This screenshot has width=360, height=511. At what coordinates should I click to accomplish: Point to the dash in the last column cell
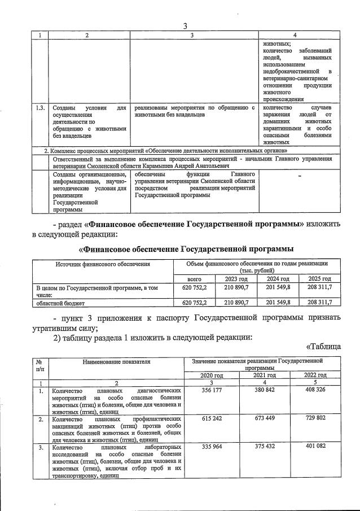click(x=300, y=177)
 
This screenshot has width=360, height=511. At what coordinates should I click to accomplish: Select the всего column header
click(x=194, y=279)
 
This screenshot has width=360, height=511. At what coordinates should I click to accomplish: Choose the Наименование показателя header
click(x=115, y=361)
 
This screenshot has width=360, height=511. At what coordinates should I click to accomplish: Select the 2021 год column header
click(x=264, y=375)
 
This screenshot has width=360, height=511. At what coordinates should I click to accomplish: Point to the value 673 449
click(x=264, y=420)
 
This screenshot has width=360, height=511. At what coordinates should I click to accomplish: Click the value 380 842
click(x=264, y=390)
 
